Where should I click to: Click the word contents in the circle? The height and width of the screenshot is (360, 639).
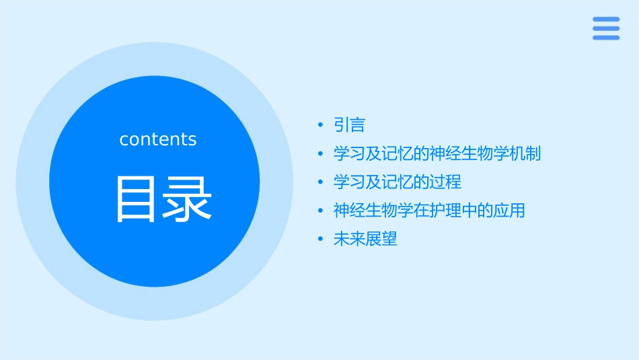[x=158, y=139]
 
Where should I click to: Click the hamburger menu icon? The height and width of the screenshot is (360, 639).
[x=605, y=28]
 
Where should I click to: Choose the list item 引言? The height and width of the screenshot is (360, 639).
[x=349, y=125]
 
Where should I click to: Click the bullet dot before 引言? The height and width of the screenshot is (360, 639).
[x=321, y=125]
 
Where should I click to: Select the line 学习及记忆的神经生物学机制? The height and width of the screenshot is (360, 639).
[x=437, y=153]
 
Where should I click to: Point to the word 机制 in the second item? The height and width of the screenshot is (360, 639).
[x=525, y=153]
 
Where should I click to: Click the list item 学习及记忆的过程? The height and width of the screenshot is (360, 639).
[x=398, y=182]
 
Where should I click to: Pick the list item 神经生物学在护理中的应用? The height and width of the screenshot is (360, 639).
[x=429, y=211]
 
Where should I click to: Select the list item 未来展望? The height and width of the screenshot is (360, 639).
[x=365, y=239]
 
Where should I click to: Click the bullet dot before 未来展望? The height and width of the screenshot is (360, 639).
[x=321, y=239]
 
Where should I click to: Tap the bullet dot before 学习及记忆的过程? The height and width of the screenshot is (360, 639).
[x=321, y=182]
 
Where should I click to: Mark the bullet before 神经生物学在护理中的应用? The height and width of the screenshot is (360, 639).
[x=321, y=211]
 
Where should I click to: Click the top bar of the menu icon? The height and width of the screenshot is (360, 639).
[x=605, y=19]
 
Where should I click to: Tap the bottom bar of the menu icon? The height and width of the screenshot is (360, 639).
[x=605, y=38]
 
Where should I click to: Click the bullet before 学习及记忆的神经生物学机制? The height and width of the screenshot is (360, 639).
[x=321, y=153]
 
